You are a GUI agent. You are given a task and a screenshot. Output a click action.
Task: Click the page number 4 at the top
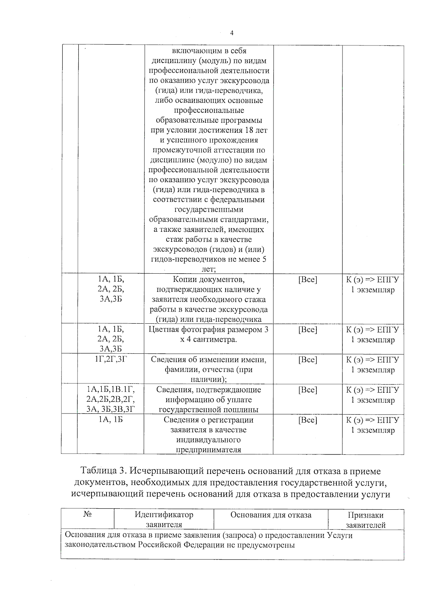click(232, 33)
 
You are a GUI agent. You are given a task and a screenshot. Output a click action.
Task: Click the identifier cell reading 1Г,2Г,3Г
click(111, 359)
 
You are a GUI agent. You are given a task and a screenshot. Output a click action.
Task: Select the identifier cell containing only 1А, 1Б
click(111, 420)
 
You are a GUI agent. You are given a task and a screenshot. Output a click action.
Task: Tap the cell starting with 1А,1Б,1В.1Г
click(111, 390)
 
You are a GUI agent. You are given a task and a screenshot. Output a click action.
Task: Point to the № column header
click(87, 515)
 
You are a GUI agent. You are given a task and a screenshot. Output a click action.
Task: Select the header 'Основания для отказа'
click(271, 515)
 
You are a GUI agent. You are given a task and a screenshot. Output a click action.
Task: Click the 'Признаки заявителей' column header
click(365, 520)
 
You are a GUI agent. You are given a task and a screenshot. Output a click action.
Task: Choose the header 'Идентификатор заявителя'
click(164, 520)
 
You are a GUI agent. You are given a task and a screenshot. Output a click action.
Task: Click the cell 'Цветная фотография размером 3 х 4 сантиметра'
click(208, 334)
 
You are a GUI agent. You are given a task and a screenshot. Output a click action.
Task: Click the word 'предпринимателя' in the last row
click(208, 450)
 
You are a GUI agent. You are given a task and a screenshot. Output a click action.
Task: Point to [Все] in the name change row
click(307, 359)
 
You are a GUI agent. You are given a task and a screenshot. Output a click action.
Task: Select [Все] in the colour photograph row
click(307, 329)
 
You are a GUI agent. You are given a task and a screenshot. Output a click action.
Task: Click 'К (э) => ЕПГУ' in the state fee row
click(373, 390)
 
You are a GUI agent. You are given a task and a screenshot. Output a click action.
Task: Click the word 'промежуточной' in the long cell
click(180, 150)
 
